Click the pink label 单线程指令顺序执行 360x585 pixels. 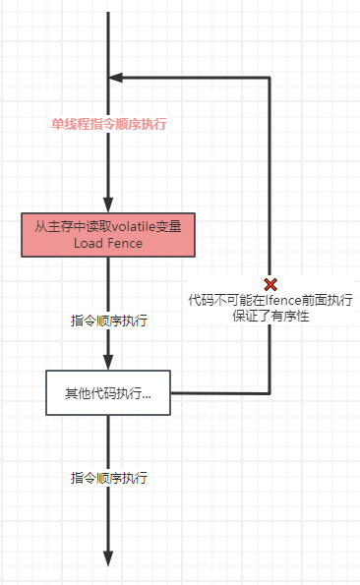click(109, 125)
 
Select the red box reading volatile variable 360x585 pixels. click(108, 234)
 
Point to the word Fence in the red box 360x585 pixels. click(126, 243)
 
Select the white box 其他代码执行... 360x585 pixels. click(108, 393)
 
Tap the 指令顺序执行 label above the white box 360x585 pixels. click(109, 321)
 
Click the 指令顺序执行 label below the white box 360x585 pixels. click(109, 478)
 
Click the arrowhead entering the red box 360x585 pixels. click(108, 205)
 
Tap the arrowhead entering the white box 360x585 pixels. click(108, 363)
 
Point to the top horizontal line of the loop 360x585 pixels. click(192, 78)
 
